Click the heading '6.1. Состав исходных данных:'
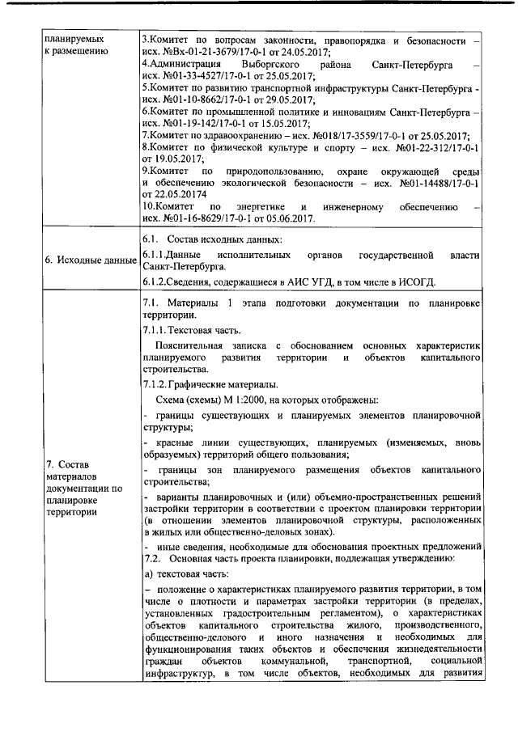tap(213, 239)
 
